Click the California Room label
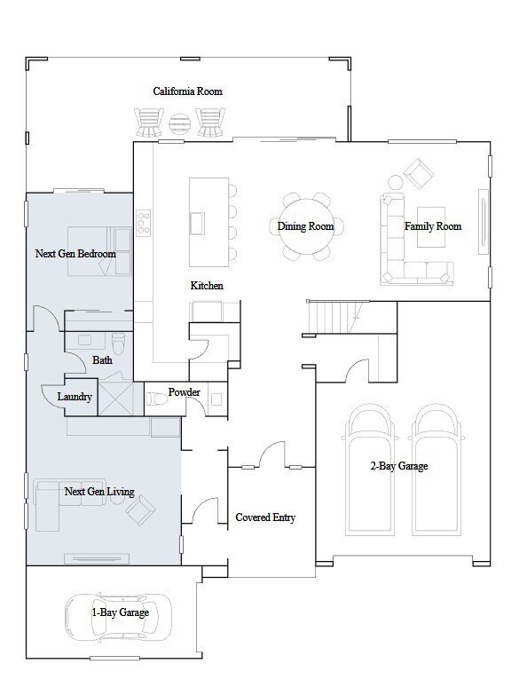click(x=187, y=91)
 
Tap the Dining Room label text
click(x=305, y=226)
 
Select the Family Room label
click(x=433, y=226)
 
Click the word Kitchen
click(x=207, y=286)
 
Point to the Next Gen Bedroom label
click(x=75, y=254)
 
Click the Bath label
click(x=102, y=360)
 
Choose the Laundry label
click(x=75, y=397)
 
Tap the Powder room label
click(x=185, y=392)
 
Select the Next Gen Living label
click(x=99, y=491)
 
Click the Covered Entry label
click(x=265, y=517)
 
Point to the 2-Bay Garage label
click(x=399, y=466)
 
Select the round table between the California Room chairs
click(x=180, y=122)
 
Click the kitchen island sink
click(x=197, y=222)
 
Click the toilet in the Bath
click(x=118, y=340)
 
